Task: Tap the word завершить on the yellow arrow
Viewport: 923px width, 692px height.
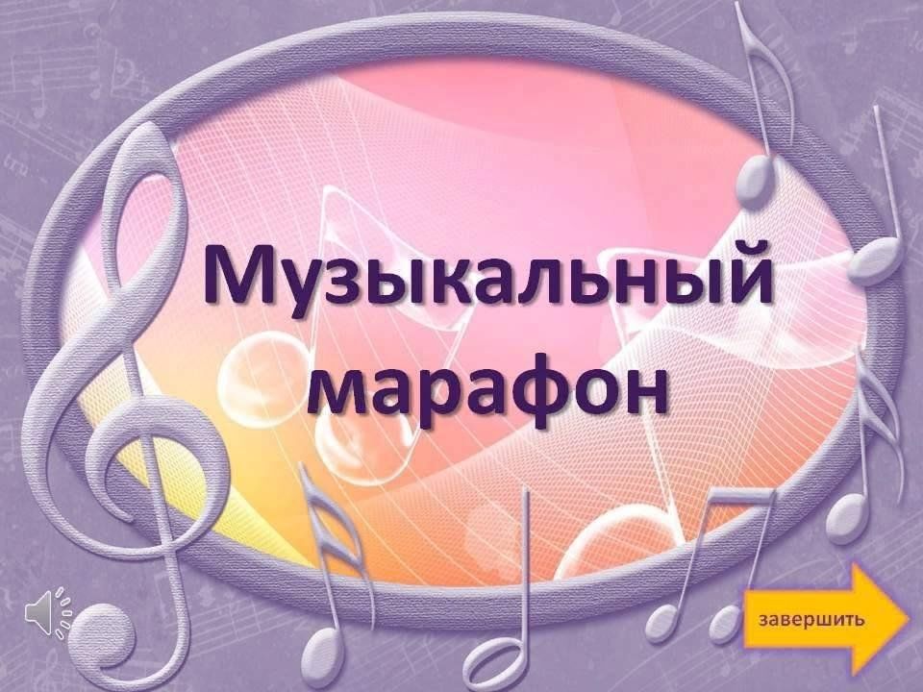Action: pos(812,619)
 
